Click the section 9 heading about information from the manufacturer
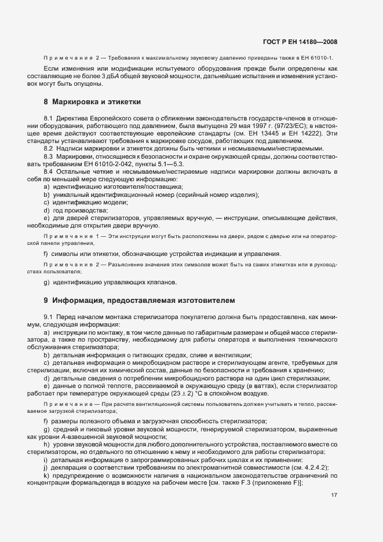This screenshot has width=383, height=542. pyautogui.click(x=140, y=301)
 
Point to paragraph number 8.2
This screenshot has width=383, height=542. pyautogui.click(x=48, y=148)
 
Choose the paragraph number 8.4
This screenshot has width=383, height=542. pyautogui.click(x=48, y=171)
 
